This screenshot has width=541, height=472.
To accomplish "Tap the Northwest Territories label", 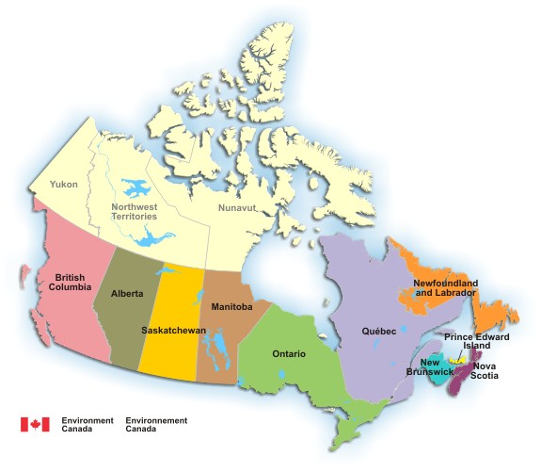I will (135, 212).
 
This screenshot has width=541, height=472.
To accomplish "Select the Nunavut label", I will (236, 206).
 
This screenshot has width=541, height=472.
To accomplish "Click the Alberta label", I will (127, 294).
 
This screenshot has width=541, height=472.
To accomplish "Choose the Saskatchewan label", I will (173, 330).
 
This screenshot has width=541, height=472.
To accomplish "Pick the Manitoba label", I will (231, 306).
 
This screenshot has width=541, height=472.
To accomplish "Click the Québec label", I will (378, 332).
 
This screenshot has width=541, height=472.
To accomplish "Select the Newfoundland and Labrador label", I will (445, 287).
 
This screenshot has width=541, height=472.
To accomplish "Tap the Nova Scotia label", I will (486, 370).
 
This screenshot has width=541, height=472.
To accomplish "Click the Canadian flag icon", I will (35, 424).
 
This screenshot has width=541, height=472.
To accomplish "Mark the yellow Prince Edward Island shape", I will (458, 361).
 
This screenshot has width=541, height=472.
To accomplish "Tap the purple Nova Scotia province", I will (462, 381).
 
